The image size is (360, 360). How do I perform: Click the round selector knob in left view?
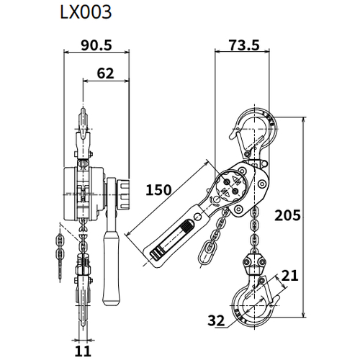coord(119,192)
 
